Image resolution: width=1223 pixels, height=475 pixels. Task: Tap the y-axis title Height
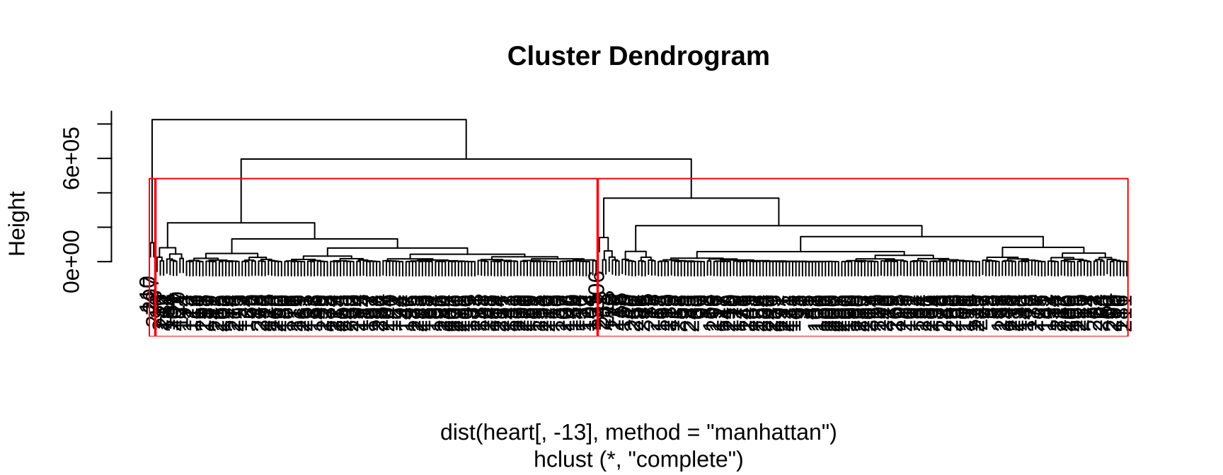coord(17,223)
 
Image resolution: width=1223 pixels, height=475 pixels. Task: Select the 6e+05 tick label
coord(72,158)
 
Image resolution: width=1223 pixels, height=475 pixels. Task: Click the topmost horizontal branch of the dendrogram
coord(309,120)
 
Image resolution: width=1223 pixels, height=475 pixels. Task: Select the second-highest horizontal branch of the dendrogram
coord(466,159)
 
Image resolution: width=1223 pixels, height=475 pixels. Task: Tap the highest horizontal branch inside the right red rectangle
coord(691,199)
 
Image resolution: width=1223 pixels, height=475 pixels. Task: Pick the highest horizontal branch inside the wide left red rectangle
coord(241,223)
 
